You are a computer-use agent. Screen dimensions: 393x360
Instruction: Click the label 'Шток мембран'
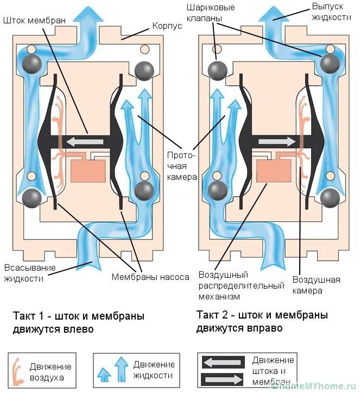coord(34,20)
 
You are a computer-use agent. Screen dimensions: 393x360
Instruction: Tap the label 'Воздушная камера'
coord(316,285)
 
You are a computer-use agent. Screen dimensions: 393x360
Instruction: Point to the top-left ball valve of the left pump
coord(32,64)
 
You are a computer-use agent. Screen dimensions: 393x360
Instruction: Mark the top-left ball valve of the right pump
coord(218,70)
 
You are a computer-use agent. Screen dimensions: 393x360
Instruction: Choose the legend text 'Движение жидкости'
coord(154,370)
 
